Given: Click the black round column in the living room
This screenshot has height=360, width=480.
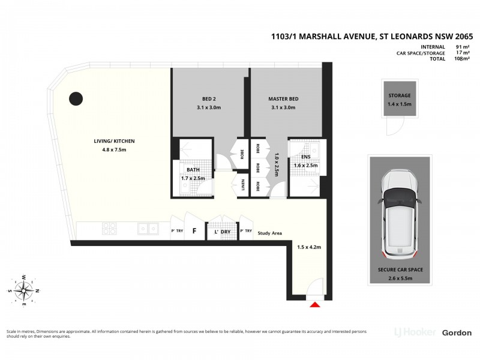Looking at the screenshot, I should click(x=76, y=98).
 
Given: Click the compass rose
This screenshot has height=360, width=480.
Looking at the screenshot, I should click(x=25, y=291).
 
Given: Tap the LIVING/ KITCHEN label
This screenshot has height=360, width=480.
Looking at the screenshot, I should click(x=114, y=141).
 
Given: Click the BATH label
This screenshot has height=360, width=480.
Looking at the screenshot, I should click(x=193, y=170).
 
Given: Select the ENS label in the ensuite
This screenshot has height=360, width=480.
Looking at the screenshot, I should click(x=305, y=157).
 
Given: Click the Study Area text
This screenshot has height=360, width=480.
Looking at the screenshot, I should click(x=269, y=233).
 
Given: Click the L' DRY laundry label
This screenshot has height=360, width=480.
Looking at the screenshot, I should click(x=222, y=232).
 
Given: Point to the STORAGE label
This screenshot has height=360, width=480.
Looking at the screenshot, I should click(x=399, y=95).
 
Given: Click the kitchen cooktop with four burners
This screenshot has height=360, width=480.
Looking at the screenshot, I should click(x=110, y=229).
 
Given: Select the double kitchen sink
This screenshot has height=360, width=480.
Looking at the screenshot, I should click(x=147, y=229).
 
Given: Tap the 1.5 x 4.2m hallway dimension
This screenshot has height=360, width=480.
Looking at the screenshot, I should click(x=310, y=247).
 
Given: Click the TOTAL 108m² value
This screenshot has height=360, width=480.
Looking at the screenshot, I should click(x=461, y=59).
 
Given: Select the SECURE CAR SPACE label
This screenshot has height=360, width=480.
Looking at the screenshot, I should click(x=400, y=270).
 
